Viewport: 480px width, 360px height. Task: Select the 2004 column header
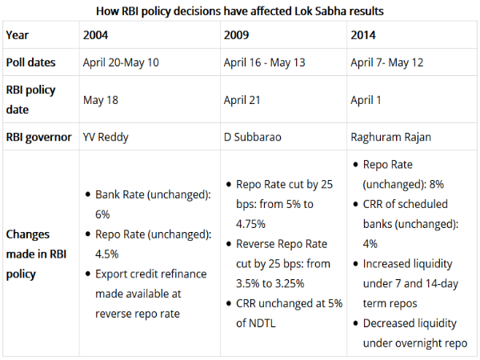[x=97, y=35]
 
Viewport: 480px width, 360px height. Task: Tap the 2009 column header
[x=238, y=35]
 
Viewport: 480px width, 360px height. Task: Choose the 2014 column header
[x=364, y=35]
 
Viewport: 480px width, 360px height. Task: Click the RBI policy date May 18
[x=100, y=99]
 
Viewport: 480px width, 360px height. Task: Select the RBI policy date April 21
[x=242, y=99]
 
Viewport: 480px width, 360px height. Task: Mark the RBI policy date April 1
[x=368, y=99]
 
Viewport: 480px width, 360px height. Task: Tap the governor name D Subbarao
[x=253, y=136]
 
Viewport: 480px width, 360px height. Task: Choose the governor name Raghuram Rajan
[x=390, y=136]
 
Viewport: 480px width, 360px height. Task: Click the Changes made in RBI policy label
[x=38, y=254]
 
